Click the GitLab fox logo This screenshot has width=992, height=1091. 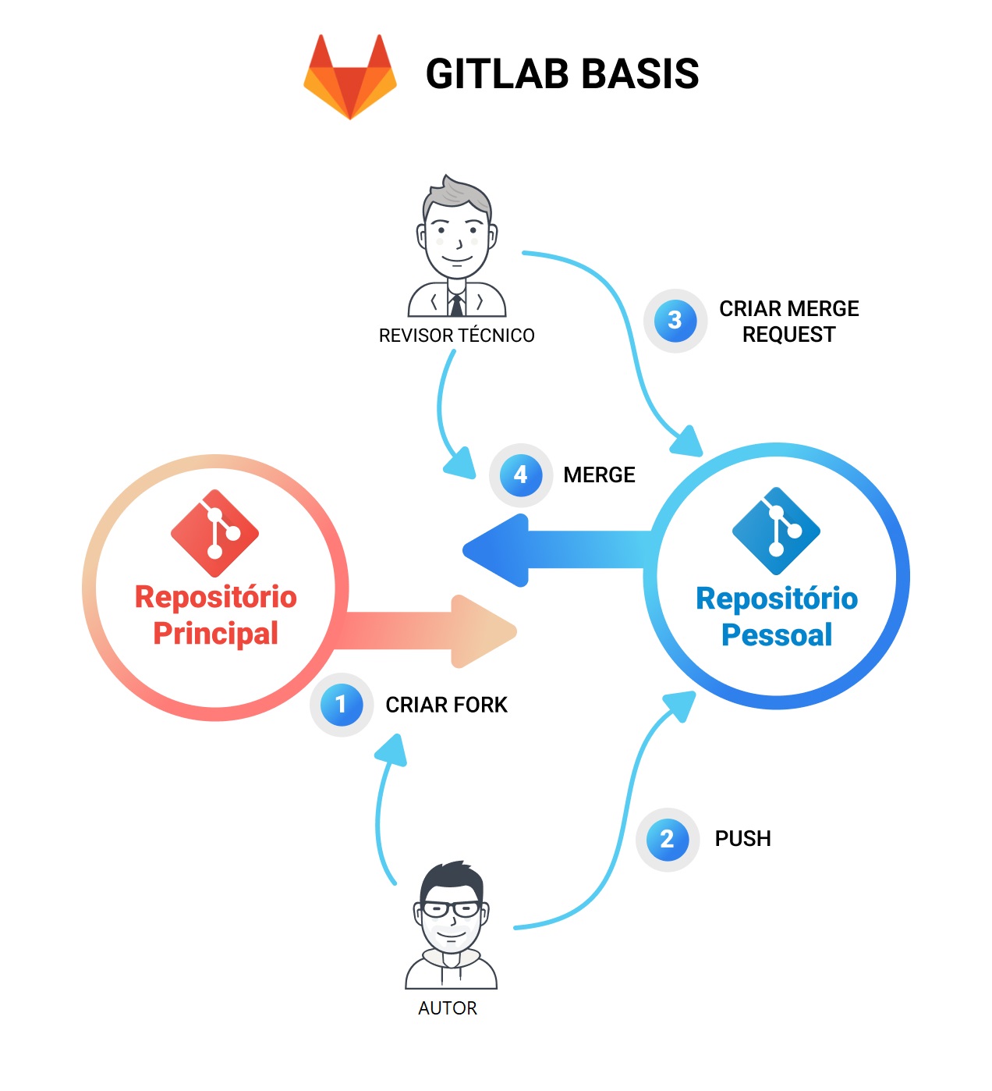pyautogui.click(x=350, y=76)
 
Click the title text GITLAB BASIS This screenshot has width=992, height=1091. pyautogui.click(x=562, y=74)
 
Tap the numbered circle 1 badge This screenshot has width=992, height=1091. pyautogui.click(x=342, y=705)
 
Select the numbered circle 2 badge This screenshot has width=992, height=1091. pyautogui.click(x=667, y=840)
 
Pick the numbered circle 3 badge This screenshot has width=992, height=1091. pyautogui.click(x=675, y=320)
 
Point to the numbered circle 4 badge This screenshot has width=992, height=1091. pyautogui.click(x=521, y=474)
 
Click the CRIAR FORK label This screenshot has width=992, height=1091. pyautogui.click(x=446, y=705)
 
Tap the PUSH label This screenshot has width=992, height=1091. pyautogui.click(x=742, y=839)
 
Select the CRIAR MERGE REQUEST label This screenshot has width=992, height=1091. pyautogui.click(x=788, y=322)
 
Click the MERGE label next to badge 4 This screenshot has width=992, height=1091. pyautogui.click(x=599, y=475)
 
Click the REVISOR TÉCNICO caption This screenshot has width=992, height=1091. pyautogui.click(x=456, y=336)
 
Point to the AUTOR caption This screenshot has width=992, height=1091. pyautogui.click(x=448, y=1008)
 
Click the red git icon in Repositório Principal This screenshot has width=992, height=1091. pyautogui.click(x=215, y=534)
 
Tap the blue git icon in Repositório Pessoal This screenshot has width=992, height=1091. pyautogui.click(x=776, y=531)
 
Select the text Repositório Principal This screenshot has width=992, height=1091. pyautogui.click(x=216, y=615)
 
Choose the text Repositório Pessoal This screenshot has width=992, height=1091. pyautogui.click(x=777, y=617)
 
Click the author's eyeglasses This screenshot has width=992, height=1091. pyautogui.click(x=450, y=909)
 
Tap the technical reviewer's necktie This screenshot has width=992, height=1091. pyautogui.click(x=456, y=304)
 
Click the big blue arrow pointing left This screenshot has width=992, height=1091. pyautogui.click(x=546, y=550)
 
